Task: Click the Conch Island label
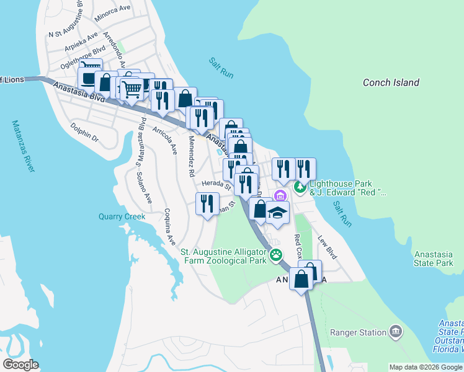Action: click(x=391, y=82)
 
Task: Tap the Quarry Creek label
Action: click(x=122, y=217)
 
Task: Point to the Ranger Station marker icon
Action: click(x=395, y=332)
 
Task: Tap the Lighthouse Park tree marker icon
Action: click(x=300, y=187)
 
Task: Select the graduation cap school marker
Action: click(x=277, y=212)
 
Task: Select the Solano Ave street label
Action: click(x=145, y=187)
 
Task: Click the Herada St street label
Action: click(x=216, y=184)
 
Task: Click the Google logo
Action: click(x=20, y=365)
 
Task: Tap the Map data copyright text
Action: click(x=426, y=367)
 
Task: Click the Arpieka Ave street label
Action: click(x=81, y=42)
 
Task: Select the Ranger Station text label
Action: click(x=358, y=333)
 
